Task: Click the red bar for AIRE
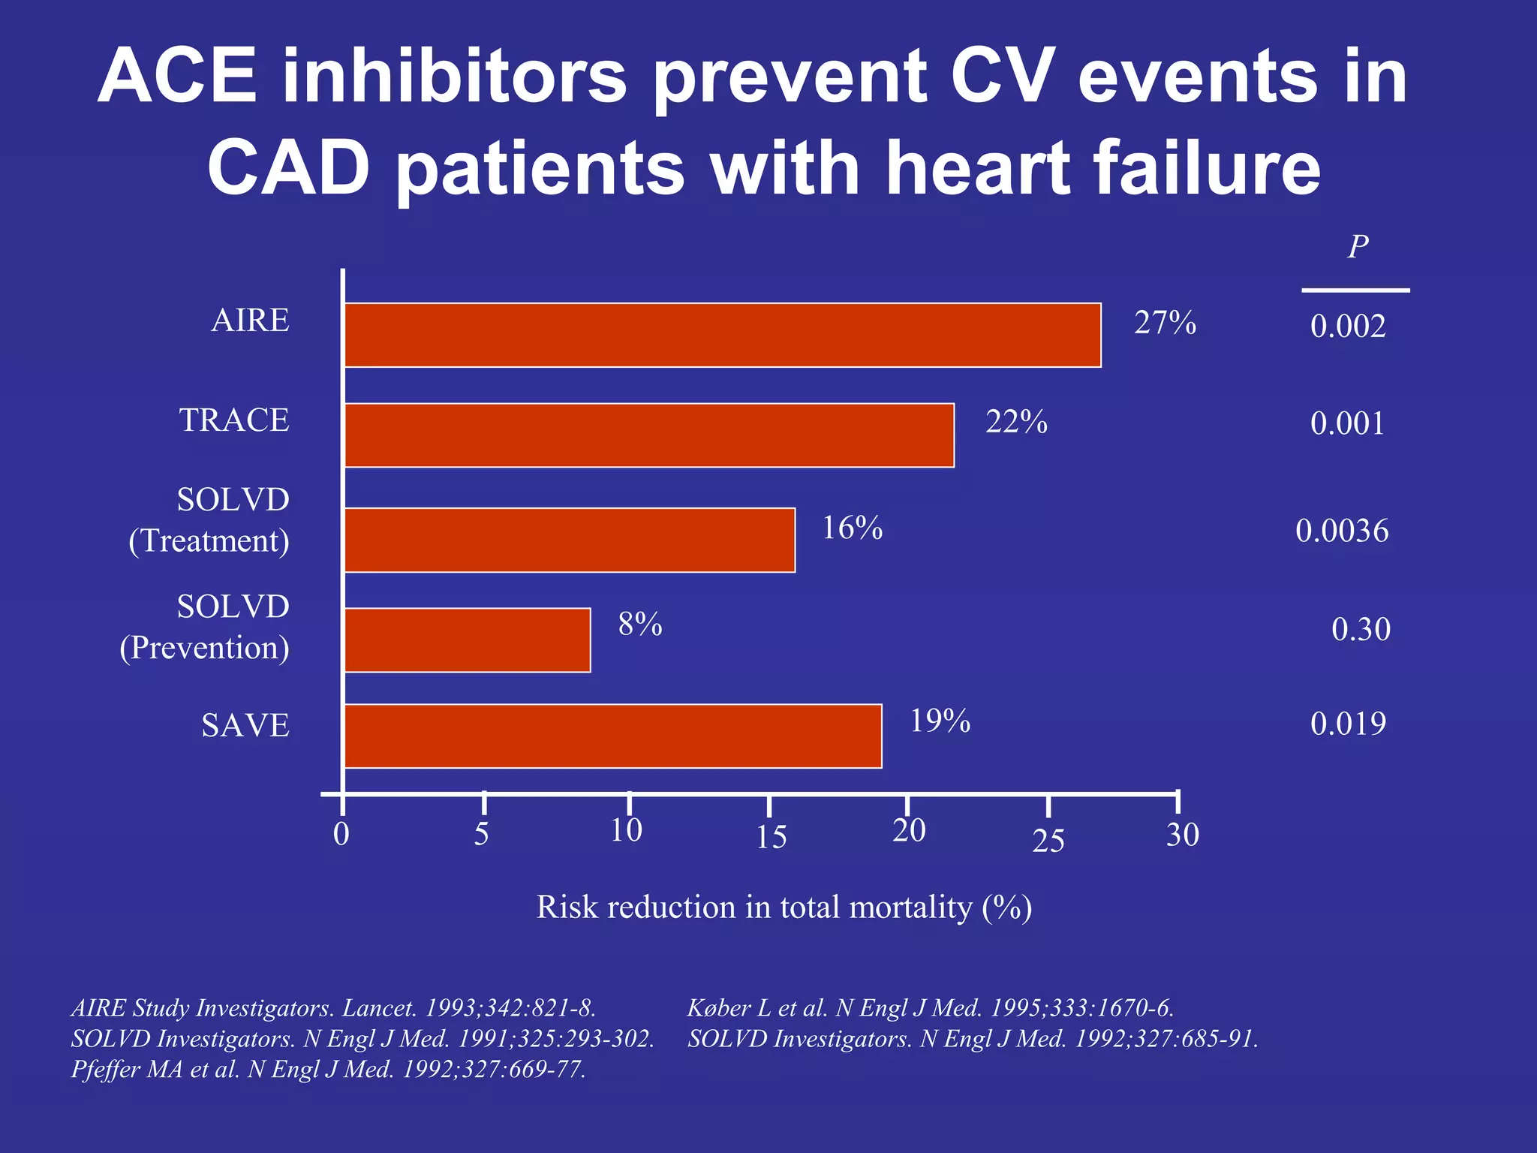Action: coord(722,335)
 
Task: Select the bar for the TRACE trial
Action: coord(649,435)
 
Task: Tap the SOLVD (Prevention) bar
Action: coord(468,640)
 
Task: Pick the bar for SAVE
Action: coord(612,736)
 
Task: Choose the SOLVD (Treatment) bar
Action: coord(570,540)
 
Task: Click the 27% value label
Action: coord(1164,323)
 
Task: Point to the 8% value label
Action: coord(639,625)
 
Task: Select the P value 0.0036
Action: coord(1341,531)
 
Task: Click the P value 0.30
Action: coord(1360,629)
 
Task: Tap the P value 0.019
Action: coord(1347,724)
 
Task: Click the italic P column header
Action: coord(1357,247)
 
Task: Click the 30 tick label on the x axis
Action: coord(1182,835)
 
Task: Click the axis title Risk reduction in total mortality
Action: coord(784,907)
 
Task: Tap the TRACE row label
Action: coord(234,420)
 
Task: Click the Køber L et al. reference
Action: coord(930,1007)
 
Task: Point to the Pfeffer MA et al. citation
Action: coord(328,1069)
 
